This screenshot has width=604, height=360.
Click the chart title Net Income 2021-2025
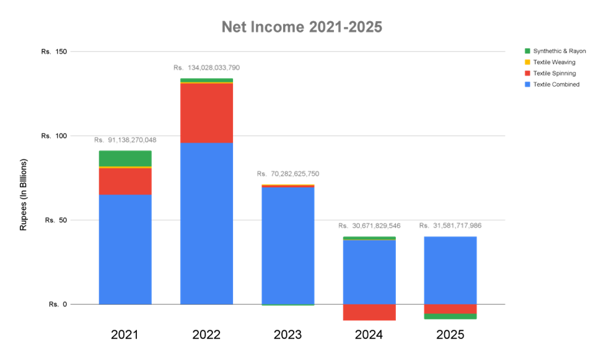302,27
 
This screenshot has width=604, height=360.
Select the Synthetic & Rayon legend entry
555,51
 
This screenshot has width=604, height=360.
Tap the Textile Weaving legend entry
554,62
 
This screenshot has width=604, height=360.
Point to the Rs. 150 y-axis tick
54,51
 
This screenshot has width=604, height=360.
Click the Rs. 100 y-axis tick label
54,136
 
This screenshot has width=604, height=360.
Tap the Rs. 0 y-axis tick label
58,304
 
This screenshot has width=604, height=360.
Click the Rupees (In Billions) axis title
24,193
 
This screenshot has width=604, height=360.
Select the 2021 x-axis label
125,335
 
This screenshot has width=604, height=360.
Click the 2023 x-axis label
287,335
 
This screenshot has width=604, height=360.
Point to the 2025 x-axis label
450,335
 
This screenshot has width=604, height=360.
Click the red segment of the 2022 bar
206,113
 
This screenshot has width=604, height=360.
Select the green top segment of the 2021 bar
125,158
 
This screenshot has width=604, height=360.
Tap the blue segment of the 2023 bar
287,245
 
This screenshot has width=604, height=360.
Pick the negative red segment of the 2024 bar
369,312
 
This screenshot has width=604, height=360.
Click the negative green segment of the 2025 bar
450,317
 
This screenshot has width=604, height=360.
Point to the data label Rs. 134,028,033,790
206,67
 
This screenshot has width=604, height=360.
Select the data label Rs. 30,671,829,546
369,226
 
